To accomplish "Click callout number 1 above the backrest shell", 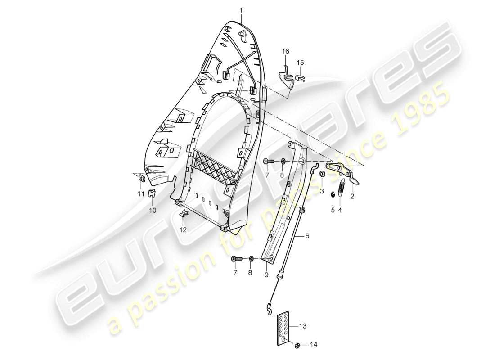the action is [x=241, y=9].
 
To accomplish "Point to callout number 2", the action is [x=352, y=197].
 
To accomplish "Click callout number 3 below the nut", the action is [x=322, y=191].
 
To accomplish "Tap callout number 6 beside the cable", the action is [x=307, y=235].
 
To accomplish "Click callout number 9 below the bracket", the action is [x=266, y=274].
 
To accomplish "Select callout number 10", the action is [x=152, y=210].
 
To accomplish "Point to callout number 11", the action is [x=140, y=194].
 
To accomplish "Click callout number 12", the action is [x=183, y=230].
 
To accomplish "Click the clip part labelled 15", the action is [x=301, y=78].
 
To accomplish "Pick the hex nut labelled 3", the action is [x=323, y=174].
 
